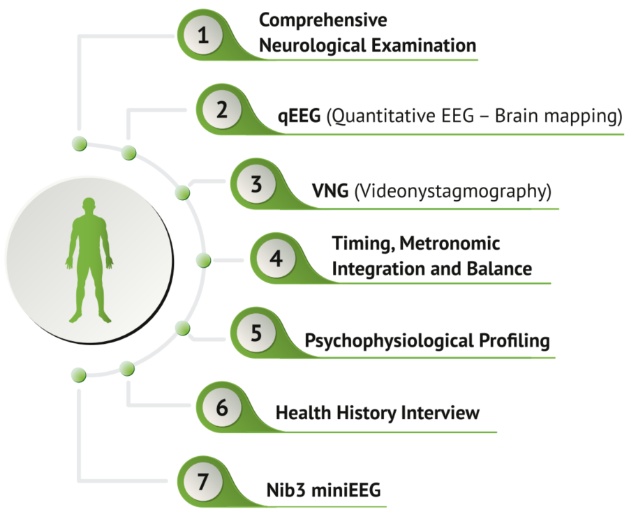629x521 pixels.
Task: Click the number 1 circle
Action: (x=203, y=36)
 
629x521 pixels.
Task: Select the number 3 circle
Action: (x=256, y=185)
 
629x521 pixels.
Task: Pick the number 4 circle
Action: (x=276, y=259)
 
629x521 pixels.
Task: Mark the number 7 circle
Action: (x=203, y=482)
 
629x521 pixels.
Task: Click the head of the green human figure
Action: (x=89, y=206)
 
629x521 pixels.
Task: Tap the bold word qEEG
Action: (x=298, y=116)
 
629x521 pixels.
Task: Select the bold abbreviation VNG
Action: (x=330, y=190)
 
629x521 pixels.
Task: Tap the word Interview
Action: (x=440, y=413)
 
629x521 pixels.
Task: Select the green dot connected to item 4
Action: (x=204, y=260)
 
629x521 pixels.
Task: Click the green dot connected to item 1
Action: (x=79, y=144)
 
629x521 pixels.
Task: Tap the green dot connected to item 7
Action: (x=79, y=375)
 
